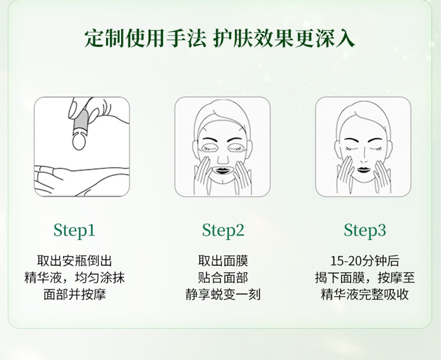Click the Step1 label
74,230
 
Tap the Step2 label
223,230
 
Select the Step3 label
365,230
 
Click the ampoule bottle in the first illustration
80,124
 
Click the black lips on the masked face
222,170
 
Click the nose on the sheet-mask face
222,156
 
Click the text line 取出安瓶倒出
74,261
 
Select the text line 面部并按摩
74,294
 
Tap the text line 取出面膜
223,261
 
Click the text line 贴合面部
223,278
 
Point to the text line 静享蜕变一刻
223,294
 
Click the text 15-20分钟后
365,261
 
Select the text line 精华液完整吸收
365,294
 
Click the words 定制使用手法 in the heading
145,38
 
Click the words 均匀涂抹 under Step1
101,278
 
